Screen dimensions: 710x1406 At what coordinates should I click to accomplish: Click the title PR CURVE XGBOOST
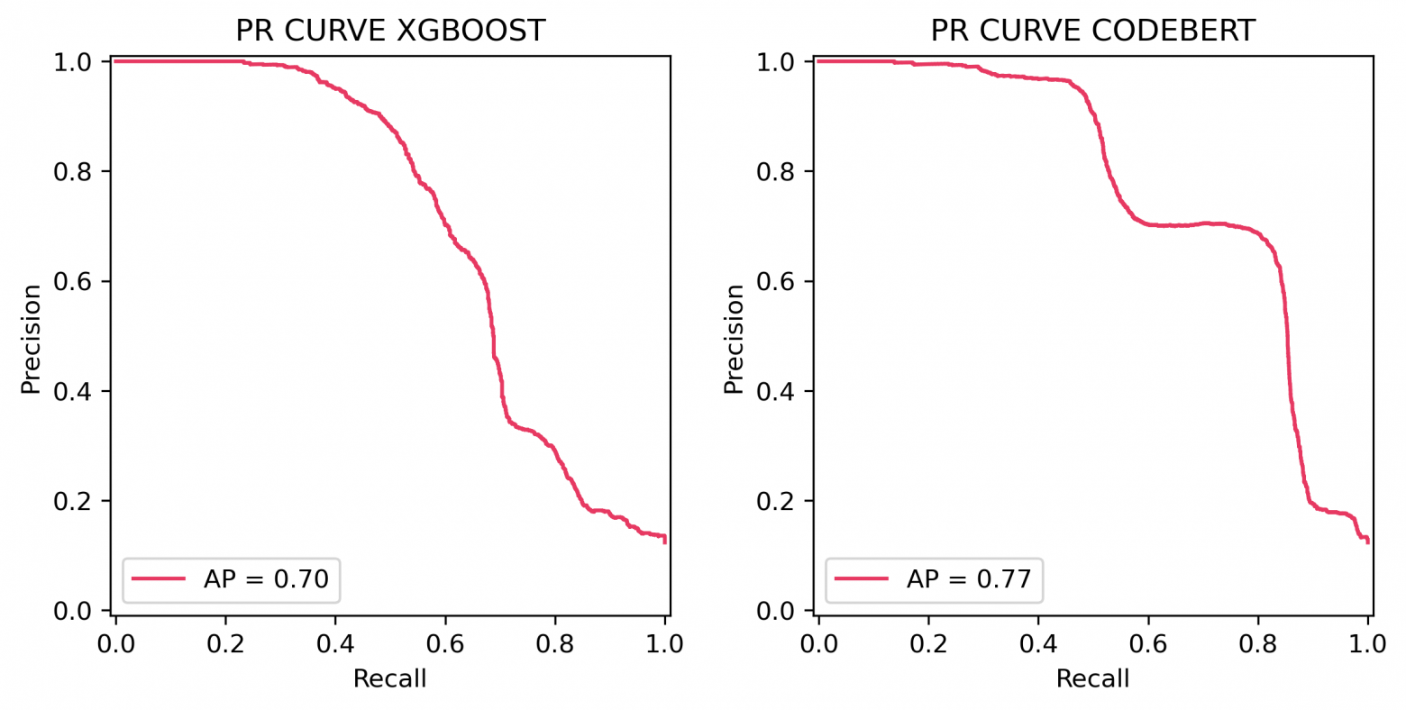390,31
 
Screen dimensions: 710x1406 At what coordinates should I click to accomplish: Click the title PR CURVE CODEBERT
1092,31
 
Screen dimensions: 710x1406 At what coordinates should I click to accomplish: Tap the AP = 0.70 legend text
266,578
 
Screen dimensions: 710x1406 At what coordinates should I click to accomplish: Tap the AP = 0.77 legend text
969,578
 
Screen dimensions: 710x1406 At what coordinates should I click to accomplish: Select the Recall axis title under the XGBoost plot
389,678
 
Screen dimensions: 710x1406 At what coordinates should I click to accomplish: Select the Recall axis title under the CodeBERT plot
1092,678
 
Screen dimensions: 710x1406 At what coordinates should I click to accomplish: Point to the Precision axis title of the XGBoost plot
32,339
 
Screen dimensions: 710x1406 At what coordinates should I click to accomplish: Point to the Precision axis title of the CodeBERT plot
735,339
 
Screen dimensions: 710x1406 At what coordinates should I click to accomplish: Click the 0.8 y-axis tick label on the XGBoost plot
74,171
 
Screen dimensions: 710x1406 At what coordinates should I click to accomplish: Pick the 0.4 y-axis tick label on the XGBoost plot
74,391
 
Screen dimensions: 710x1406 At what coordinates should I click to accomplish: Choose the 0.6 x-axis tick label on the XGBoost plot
445,644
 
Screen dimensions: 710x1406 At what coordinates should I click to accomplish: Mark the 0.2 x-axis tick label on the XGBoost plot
225,644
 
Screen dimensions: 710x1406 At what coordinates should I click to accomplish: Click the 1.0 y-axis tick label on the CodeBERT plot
777,62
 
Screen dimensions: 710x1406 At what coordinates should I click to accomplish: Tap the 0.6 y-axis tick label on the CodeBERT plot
777,281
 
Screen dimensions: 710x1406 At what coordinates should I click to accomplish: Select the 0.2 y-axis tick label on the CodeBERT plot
777,501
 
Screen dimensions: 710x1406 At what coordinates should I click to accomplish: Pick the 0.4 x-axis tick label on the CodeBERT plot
1038,644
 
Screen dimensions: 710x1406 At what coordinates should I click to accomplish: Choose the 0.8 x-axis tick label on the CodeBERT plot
1258,644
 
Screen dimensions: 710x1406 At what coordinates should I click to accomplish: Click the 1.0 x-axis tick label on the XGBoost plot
665,644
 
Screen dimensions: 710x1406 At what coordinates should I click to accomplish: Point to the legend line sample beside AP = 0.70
159,578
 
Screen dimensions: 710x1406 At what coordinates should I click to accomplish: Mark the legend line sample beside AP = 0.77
862,578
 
